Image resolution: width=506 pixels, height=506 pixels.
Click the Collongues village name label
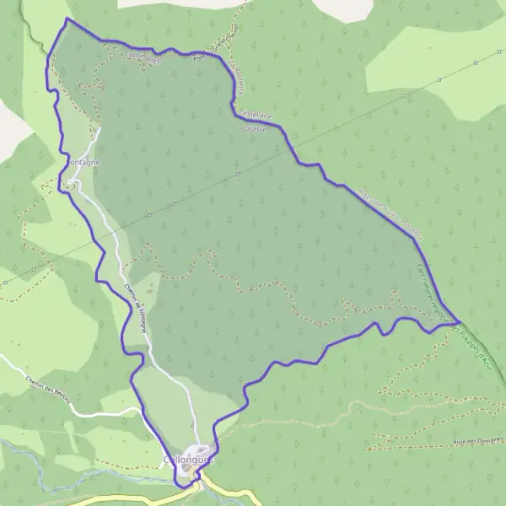tap(186, 460)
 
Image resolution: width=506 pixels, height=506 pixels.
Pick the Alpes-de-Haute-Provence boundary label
tap(391, 214)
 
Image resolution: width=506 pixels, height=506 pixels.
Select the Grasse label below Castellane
tap(256, 129)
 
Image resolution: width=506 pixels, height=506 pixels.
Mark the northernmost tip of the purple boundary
tap(67, 19)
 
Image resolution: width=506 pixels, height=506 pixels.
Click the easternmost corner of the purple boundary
tap(459, 321)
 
